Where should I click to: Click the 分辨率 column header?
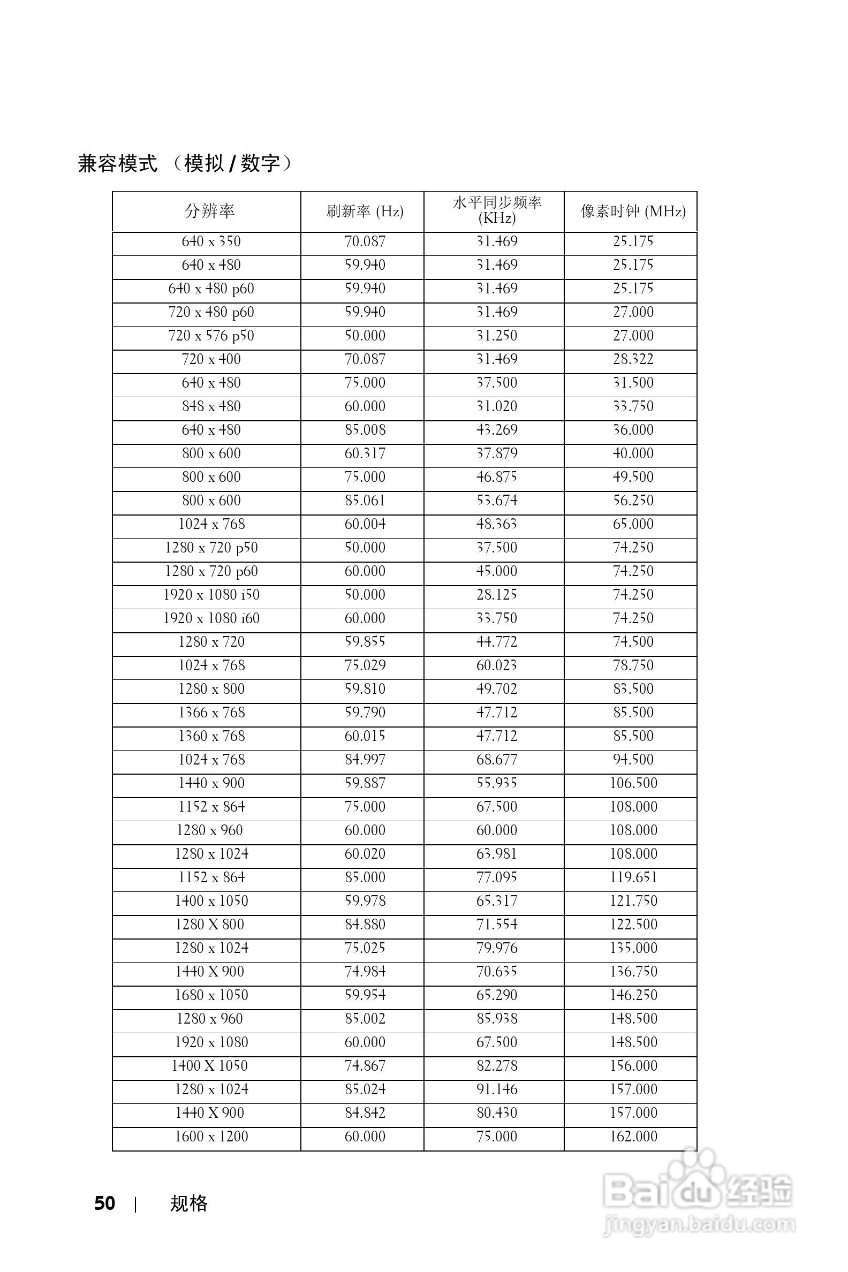209,211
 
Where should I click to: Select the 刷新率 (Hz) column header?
365,211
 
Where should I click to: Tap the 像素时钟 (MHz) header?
633,211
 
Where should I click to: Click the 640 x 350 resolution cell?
211,241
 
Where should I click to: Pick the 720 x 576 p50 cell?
211,336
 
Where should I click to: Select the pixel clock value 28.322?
633,359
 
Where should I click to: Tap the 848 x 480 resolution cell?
211,406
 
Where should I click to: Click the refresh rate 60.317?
365,453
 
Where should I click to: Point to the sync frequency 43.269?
497,430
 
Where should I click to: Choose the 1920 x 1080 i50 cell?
211,595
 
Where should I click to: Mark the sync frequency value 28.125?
497,595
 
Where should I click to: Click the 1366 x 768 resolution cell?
211,712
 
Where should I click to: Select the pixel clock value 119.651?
633,877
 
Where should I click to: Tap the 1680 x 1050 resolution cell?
211,995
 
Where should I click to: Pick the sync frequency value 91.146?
497,1089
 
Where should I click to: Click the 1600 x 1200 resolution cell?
211,1136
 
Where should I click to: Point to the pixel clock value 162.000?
633,1136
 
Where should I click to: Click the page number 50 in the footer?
104,1204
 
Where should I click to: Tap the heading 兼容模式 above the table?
118,163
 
